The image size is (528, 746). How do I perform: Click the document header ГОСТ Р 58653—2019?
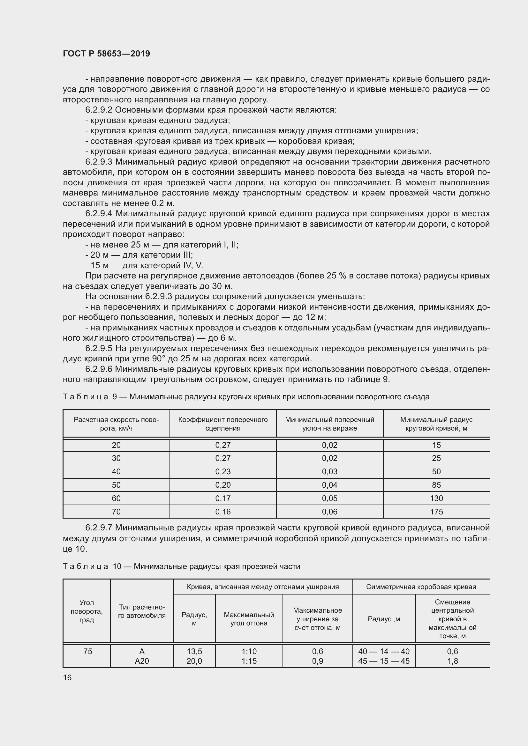pyautogui.click(x=106, y=54)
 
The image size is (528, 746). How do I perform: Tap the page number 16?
pyautogui.click(x=67, y=677)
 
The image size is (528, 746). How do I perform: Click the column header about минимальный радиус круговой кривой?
pyautogui.click(x=436, y=424)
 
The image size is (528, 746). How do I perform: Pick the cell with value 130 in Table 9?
pyautogui.click(x=436, y=498)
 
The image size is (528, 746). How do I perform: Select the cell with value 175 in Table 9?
pyautogui.click(x=436, y=512)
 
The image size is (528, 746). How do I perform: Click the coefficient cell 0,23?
pyautogui.click(x=223, y=471)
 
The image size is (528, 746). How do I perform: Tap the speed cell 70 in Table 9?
pyautogui.click(x=116, y=512)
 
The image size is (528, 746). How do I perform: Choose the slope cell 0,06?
pyautogui.click(x=330, y=512)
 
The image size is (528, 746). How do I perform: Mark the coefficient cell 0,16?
pyautogui.click(x=223, y=512)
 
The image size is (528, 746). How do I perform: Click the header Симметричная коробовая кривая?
pyautogui.click(x=421, y=587)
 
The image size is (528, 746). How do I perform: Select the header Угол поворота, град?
pyautogui.click(x=87, y=611)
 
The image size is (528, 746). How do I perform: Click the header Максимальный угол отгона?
pyautogui.click(x=249, y=619)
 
